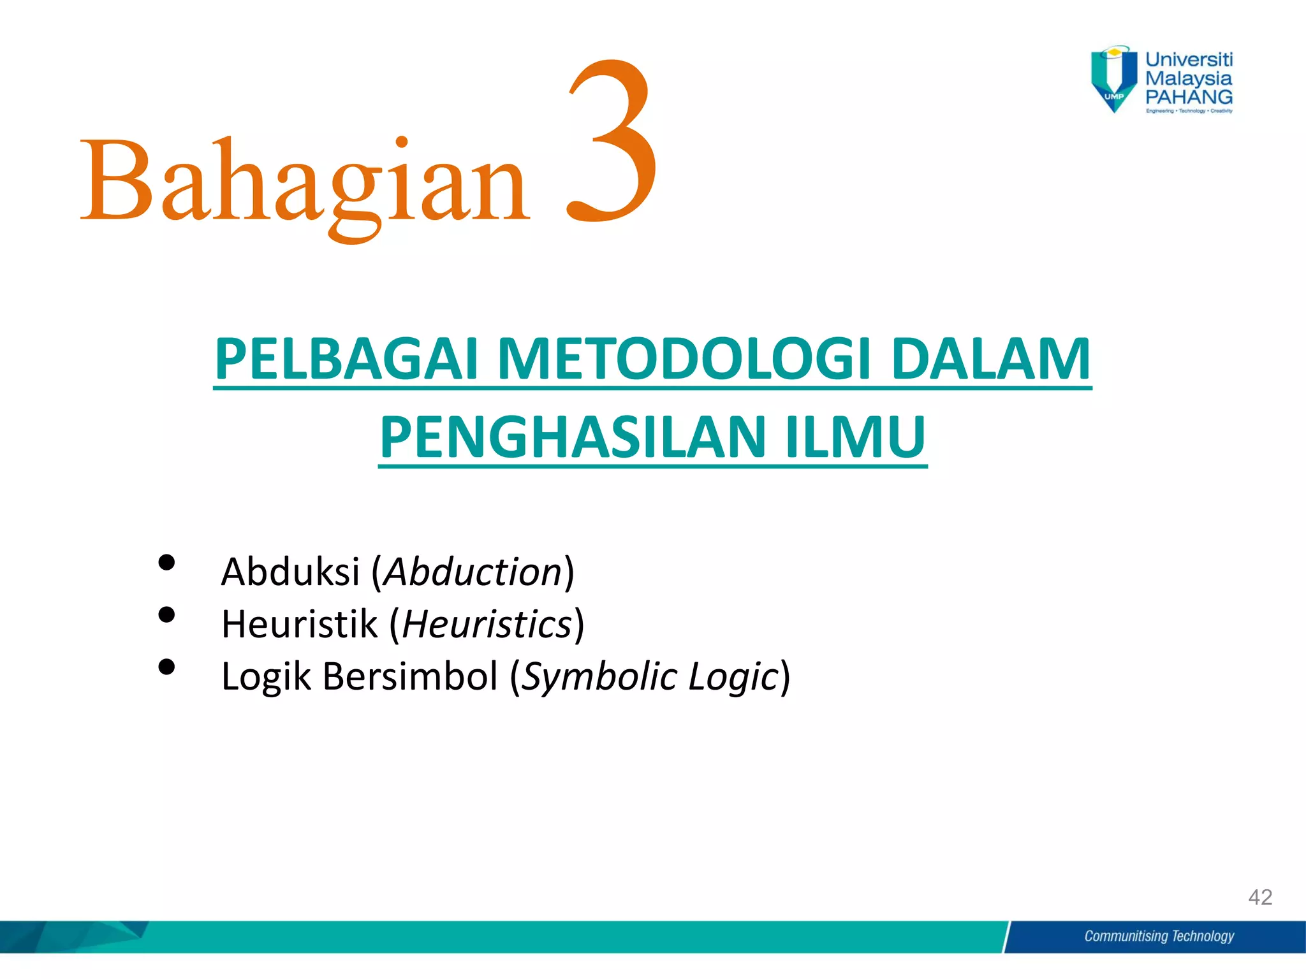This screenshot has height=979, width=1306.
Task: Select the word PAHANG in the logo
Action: [x=1189, y=98]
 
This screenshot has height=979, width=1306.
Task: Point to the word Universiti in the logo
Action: [x=1189, y=60]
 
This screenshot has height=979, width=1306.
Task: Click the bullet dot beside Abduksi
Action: [x=166, y=562]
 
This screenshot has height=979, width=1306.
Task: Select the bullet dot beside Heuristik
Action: [x=166, y=614]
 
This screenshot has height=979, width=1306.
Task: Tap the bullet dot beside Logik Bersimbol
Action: [x=166, y=667]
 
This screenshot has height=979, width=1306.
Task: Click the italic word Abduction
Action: [x=473, y=572]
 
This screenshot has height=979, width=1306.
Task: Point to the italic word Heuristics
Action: [x=487, y=624]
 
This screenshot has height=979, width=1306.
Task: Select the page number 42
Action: [x=1260, y=897]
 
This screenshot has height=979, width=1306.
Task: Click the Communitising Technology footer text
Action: [x=1159, y=936]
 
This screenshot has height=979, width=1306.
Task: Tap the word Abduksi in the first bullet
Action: [x=290, y=572]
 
